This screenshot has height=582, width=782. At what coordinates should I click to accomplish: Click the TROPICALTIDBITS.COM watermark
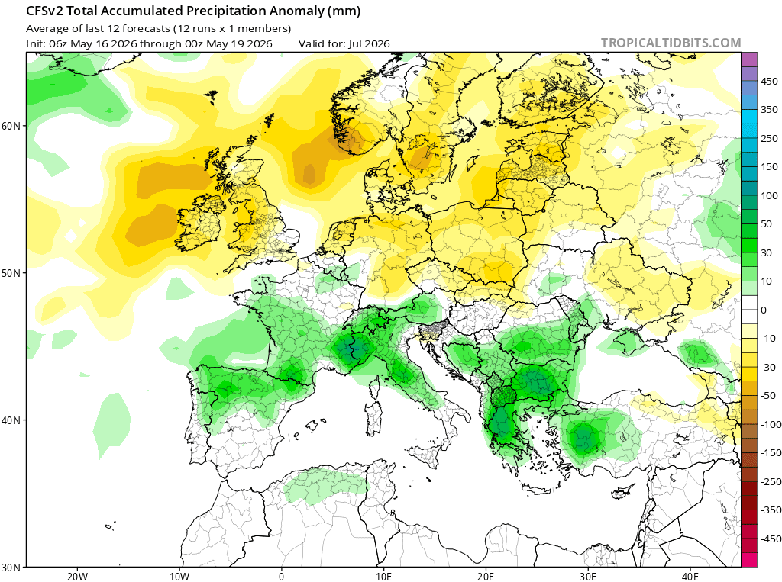point(671,43)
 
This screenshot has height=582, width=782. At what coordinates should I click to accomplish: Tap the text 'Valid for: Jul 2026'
point(344,43)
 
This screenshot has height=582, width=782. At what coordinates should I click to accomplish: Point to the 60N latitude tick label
point(11,126)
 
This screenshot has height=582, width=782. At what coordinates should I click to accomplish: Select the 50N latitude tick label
point(11,273)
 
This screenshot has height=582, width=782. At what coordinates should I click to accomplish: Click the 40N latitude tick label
point(11,420)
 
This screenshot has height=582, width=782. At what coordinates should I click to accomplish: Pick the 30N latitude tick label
point(11,568)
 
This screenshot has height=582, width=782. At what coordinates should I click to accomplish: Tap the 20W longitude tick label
point(77,577)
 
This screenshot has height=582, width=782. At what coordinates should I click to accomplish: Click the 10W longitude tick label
point(179,577)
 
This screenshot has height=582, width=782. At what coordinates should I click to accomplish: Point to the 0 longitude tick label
point(281,577)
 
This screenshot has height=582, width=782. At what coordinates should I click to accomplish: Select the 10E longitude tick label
point(383,577)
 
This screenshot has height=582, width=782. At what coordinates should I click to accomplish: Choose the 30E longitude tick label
point(588,577)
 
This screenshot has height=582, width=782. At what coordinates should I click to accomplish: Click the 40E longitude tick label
point(690,577)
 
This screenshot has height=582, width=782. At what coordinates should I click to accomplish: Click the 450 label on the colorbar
point(769,81)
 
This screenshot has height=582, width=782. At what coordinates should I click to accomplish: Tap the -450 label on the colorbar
point(769,539)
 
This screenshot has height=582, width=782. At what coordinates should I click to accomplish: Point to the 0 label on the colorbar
point(764,310)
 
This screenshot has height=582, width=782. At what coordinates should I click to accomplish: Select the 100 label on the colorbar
point(769,195)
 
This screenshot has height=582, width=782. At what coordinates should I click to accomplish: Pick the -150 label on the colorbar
point(770,453)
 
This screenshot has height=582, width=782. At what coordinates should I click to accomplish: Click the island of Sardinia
point(373,420)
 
